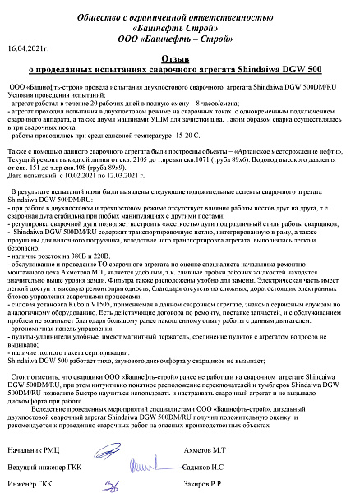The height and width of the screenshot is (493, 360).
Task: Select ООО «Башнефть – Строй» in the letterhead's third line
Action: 179,37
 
